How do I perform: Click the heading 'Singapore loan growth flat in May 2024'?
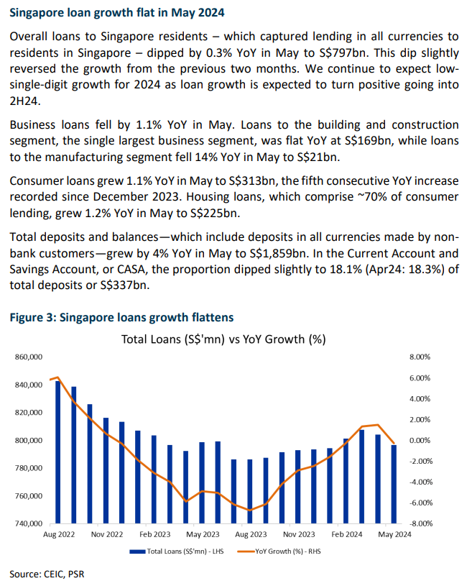click(x=117, y=13)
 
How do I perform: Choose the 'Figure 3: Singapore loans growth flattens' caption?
click(x=121, y=317)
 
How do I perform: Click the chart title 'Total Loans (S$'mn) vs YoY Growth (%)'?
click(x=223, y=339)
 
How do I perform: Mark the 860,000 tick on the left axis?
click(x=28, y=357)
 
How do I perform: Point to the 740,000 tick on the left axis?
click(x=28, y=523)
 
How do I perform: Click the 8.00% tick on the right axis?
click(x=420, y=357)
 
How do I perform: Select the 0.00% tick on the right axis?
click(x=420, y=440)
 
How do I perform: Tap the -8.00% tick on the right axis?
click(x=420, y=523)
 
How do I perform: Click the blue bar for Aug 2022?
click(x=58, y=452)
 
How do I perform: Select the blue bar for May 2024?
click(x=394, y=484)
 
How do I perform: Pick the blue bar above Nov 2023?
click(x=298, y=487)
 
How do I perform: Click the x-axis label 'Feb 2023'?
click(x=155, y=534)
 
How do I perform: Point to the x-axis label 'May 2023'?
click(x=203, y=534)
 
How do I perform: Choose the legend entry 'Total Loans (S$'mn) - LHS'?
click(x=177, y=551)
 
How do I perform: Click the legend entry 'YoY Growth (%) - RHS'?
click(x=279, y=551)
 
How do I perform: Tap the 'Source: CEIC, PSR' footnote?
click(x=47, y=574)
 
